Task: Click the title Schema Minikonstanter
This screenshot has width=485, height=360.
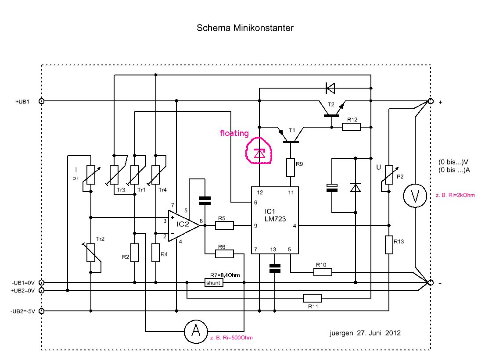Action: coord(244,28)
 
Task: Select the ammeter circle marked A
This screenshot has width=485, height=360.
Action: coord(194,331)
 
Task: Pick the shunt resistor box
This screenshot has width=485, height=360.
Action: coord(214,283)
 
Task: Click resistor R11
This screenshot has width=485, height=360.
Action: coord(312,299)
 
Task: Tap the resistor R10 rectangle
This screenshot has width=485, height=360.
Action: coord(323,272)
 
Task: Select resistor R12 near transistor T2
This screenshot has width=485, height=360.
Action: coord(351,127)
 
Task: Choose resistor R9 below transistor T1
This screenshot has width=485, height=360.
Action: coord(290,168)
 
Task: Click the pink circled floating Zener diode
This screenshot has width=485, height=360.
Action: coord(259,153)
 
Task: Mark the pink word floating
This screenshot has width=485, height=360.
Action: coord(234,133)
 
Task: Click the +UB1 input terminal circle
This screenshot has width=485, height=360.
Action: coord(42,101)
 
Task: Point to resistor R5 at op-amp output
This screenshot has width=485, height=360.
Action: coord(224,225)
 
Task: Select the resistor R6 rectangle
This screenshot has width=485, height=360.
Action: coord(224,253)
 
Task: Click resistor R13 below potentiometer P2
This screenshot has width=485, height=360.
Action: coord(389,245)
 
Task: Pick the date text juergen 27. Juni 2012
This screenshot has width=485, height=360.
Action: coord(365,333)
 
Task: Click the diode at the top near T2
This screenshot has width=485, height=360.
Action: coord(330,88)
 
